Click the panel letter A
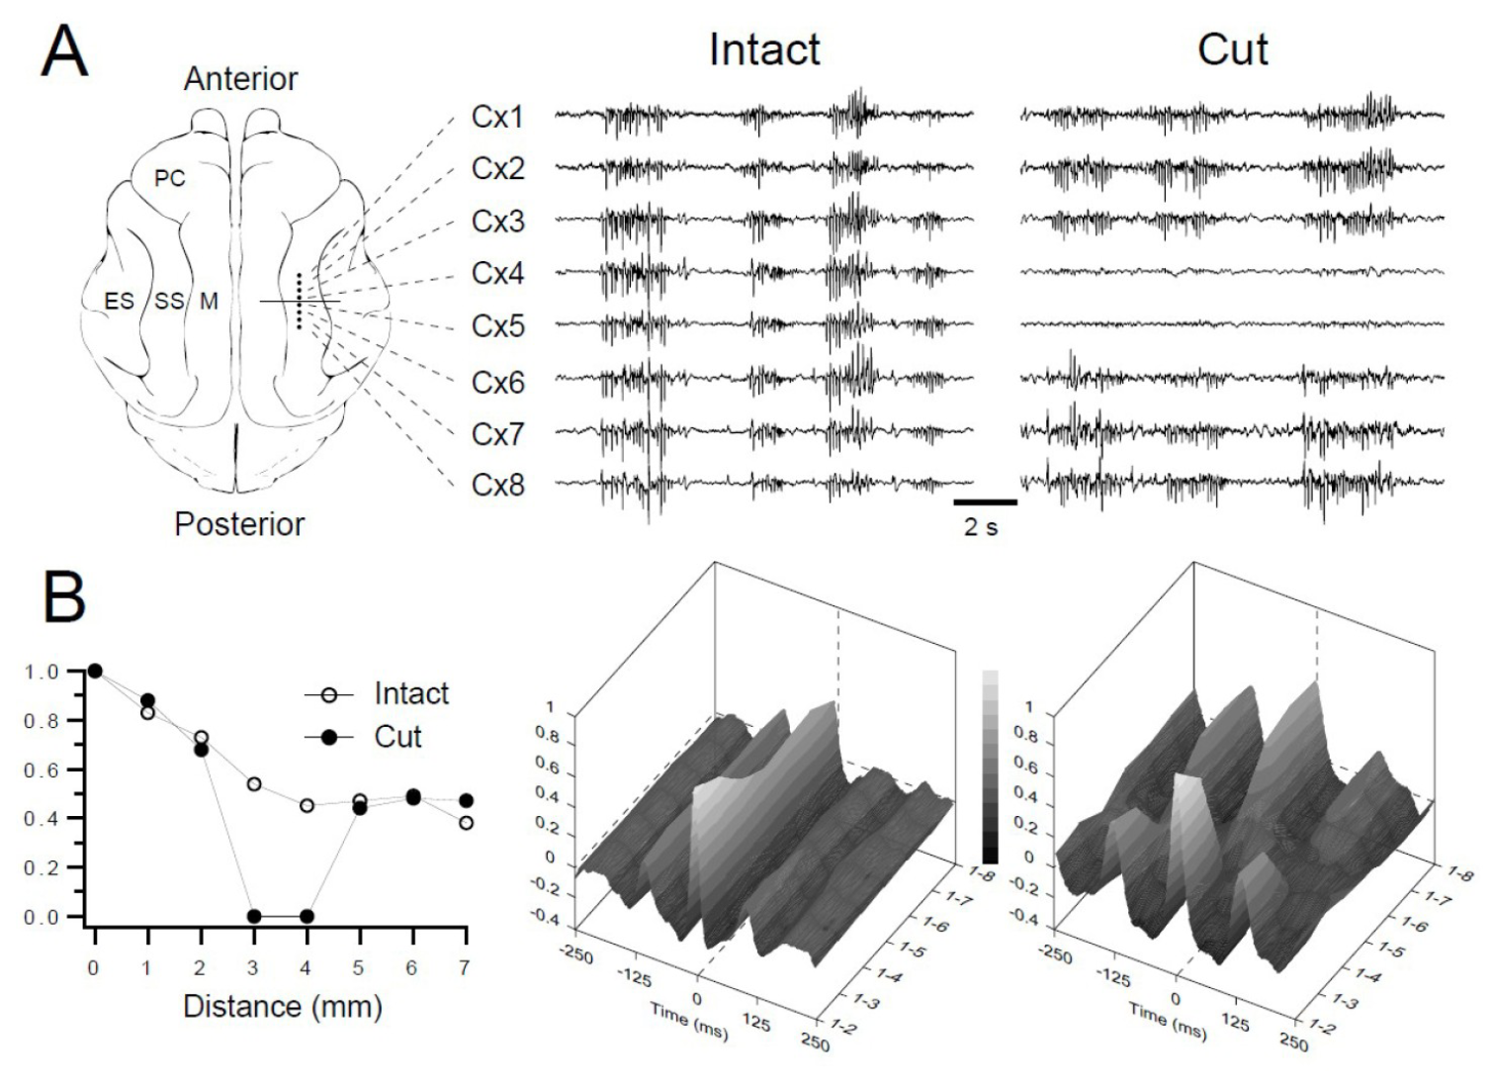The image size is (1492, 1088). click(64, 52)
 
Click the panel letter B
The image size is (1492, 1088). click(64, 597)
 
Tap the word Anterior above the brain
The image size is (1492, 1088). click(240, 78)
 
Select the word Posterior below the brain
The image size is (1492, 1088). click(239, 524)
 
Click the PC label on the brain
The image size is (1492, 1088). click(170, 179)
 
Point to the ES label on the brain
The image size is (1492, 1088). click(120, 302)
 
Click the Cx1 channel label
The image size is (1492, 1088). click(497, 118)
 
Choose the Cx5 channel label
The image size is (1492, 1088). click(497, 326)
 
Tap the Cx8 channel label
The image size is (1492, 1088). click(497, 485)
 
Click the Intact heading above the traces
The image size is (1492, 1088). click(764, 49)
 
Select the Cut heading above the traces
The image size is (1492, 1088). click(1233, 49)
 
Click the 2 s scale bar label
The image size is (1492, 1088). click(981, 527)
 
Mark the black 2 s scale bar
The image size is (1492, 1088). click(986, 501)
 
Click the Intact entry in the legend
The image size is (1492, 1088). click(411, 693)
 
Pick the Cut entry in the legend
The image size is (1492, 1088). click(397, 737)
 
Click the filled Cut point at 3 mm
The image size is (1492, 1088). click(254, 916)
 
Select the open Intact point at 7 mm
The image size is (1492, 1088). click(467, 823)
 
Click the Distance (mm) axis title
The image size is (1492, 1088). click(283, 1006)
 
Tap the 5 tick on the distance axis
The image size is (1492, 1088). click(359, 967)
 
